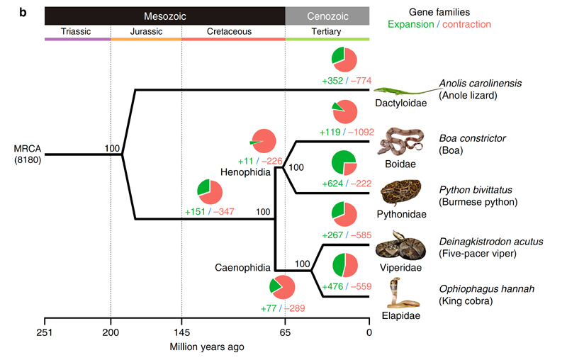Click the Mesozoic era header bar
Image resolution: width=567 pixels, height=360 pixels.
[x=164, y=15]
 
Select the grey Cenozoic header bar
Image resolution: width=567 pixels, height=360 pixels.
[x=327, y=15]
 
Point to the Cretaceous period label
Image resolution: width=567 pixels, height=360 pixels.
[x=232, y=31]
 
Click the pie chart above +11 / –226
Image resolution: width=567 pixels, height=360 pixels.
[x=265, y=141]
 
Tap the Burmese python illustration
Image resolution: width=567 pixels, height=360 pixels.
[x=398, y=193]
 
